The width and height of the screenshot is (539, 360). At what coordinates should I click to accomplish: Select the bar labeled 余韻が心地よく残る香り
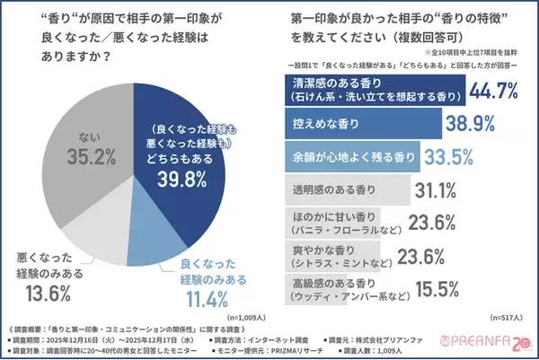342,156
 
